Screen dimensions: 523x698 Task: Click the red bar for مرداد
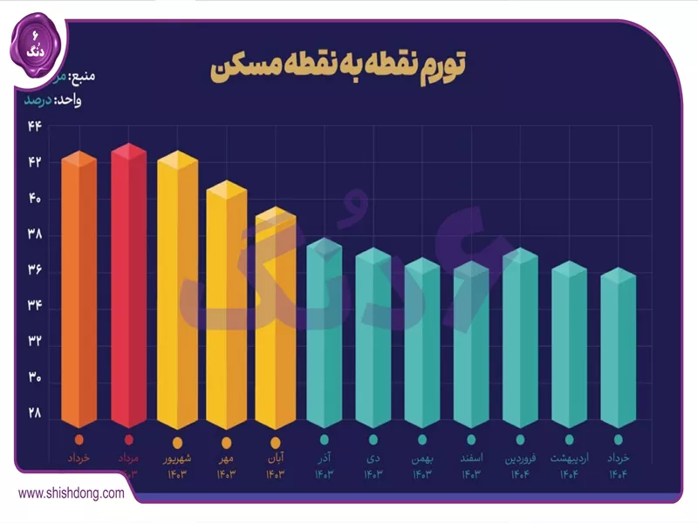[128, 288]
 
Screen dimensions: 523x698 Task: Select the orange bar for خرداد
[79, 292]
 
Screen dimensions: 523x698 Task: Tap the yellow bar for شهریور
[178, 292]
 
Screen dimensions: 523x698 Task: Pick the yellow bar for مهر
[227, 305]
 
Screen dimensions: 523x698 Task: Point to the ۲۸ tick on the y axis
[35, 411]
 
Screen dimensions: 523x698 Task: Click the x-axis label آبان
[276, 458]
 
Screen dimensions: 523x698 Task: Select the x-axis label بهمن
[422, 458]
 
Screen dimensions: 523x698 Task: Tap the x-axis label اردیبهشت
[569, 458]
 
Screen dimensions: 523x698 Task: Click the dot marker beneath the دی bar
[373, 440]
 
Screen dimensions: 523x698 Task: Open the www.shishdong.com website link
[71, 493]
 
